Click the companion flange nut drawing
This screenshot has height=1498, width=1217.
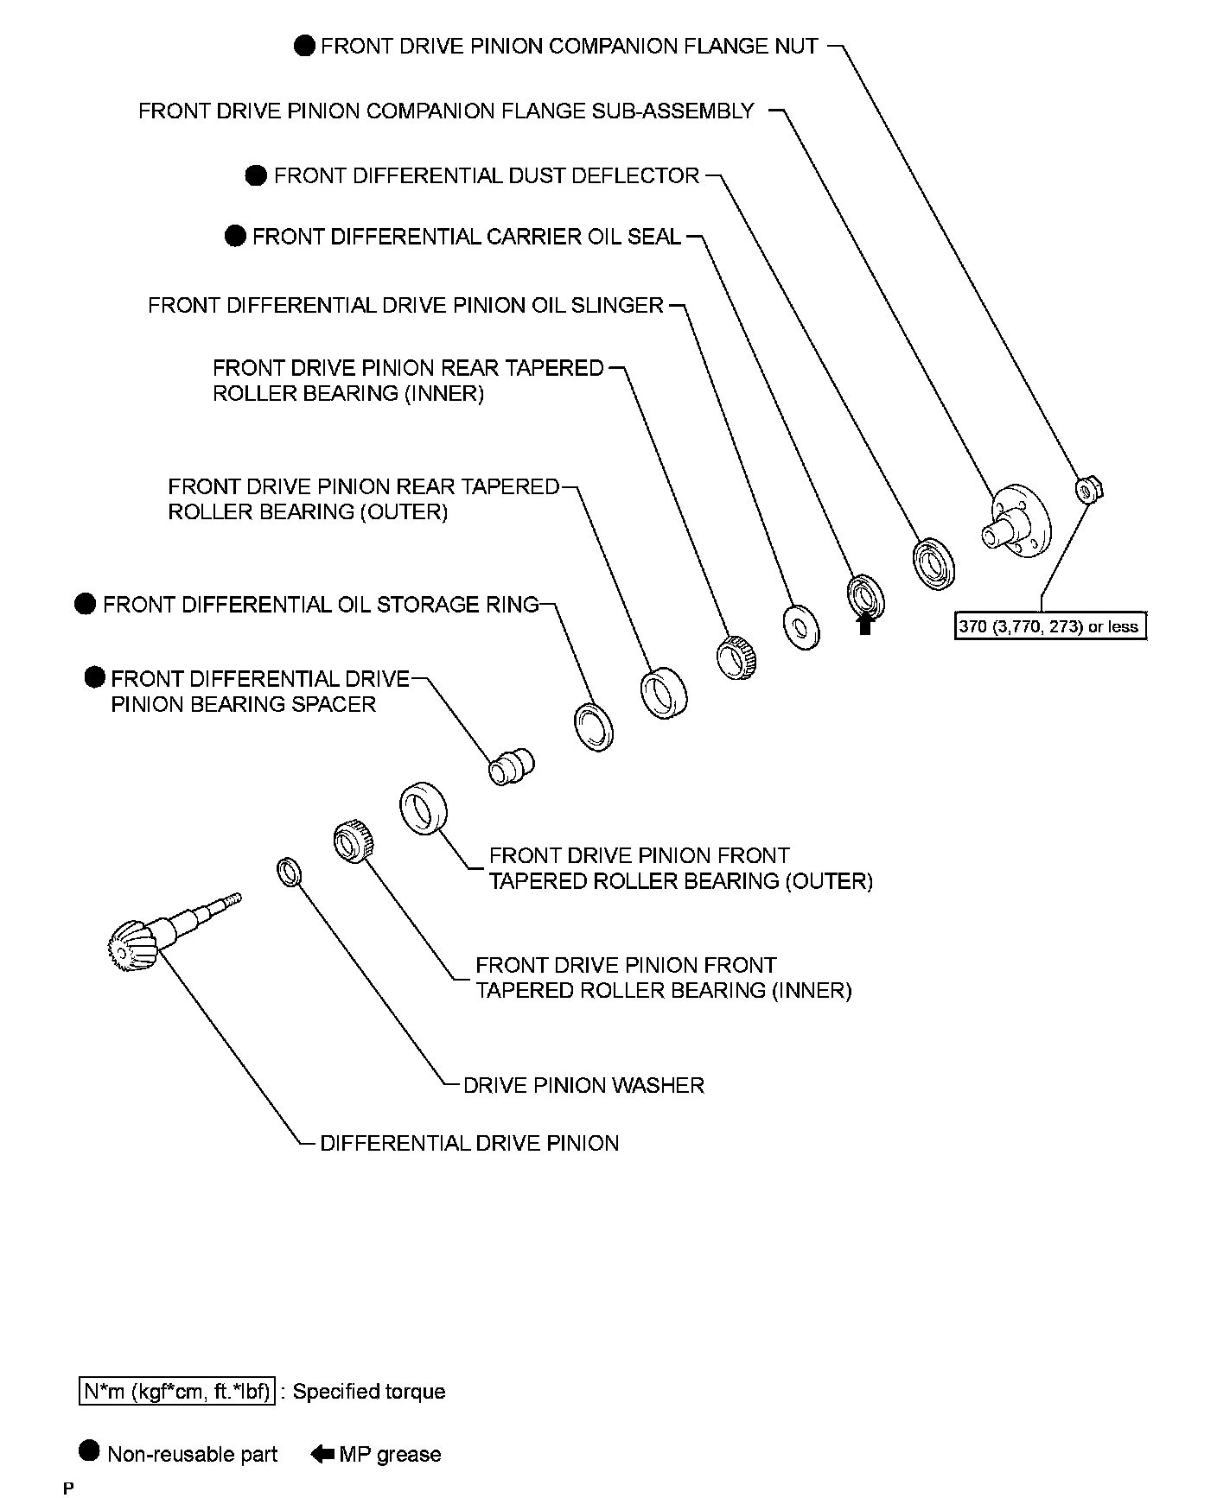pyautogui.click(x=1085, y=491)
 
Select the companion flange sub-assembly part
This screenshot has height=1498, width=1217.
pyautogui.click(x=1016, y=522)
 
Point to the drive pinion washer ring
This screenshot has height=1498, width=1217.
pyautogui.click(x=289, y=873)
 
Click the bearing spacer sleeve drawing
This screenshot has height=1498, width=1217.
pyautogui.click(x=511, y=765)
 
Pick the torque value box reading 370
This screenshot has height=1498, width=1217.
pyautogui.click(x=1049, y=626)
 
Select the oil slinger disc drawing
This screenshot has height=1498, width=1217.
pyautogui.click(x=801, y=627)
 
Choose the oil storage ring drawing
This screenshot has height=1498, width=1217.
pyautogui.click(x=594, y=726)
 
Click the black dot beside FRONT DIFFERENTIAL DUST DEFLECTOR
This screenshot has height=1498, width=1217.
pyautogui.click(x=256, y=176)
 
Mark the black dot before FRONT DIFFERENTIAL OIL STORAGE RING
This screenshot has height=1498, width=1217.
pyautogui.click(x=85, y=604)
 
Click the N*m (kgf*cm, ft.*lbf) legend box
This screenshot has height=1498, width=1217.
pyautogui.click(x=176, y=1392)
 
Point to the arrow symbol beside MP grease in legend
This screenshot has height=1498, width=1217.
pyautogui.click(x=322, y=1454)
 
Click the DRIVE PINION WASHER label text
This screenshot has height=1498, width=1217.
pyautogui.click(x=583, y=1085)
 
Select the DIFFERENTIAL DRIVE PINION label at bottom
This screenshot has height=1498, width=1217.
pyautogui.click(x=469, y=1143)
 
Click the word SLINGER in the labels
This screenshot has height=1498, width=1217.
pyautogui.click(x=617, y=306)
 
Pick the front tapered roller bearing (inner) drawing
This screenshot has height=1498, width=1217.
pyautogui.click(x=353, y=841)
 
